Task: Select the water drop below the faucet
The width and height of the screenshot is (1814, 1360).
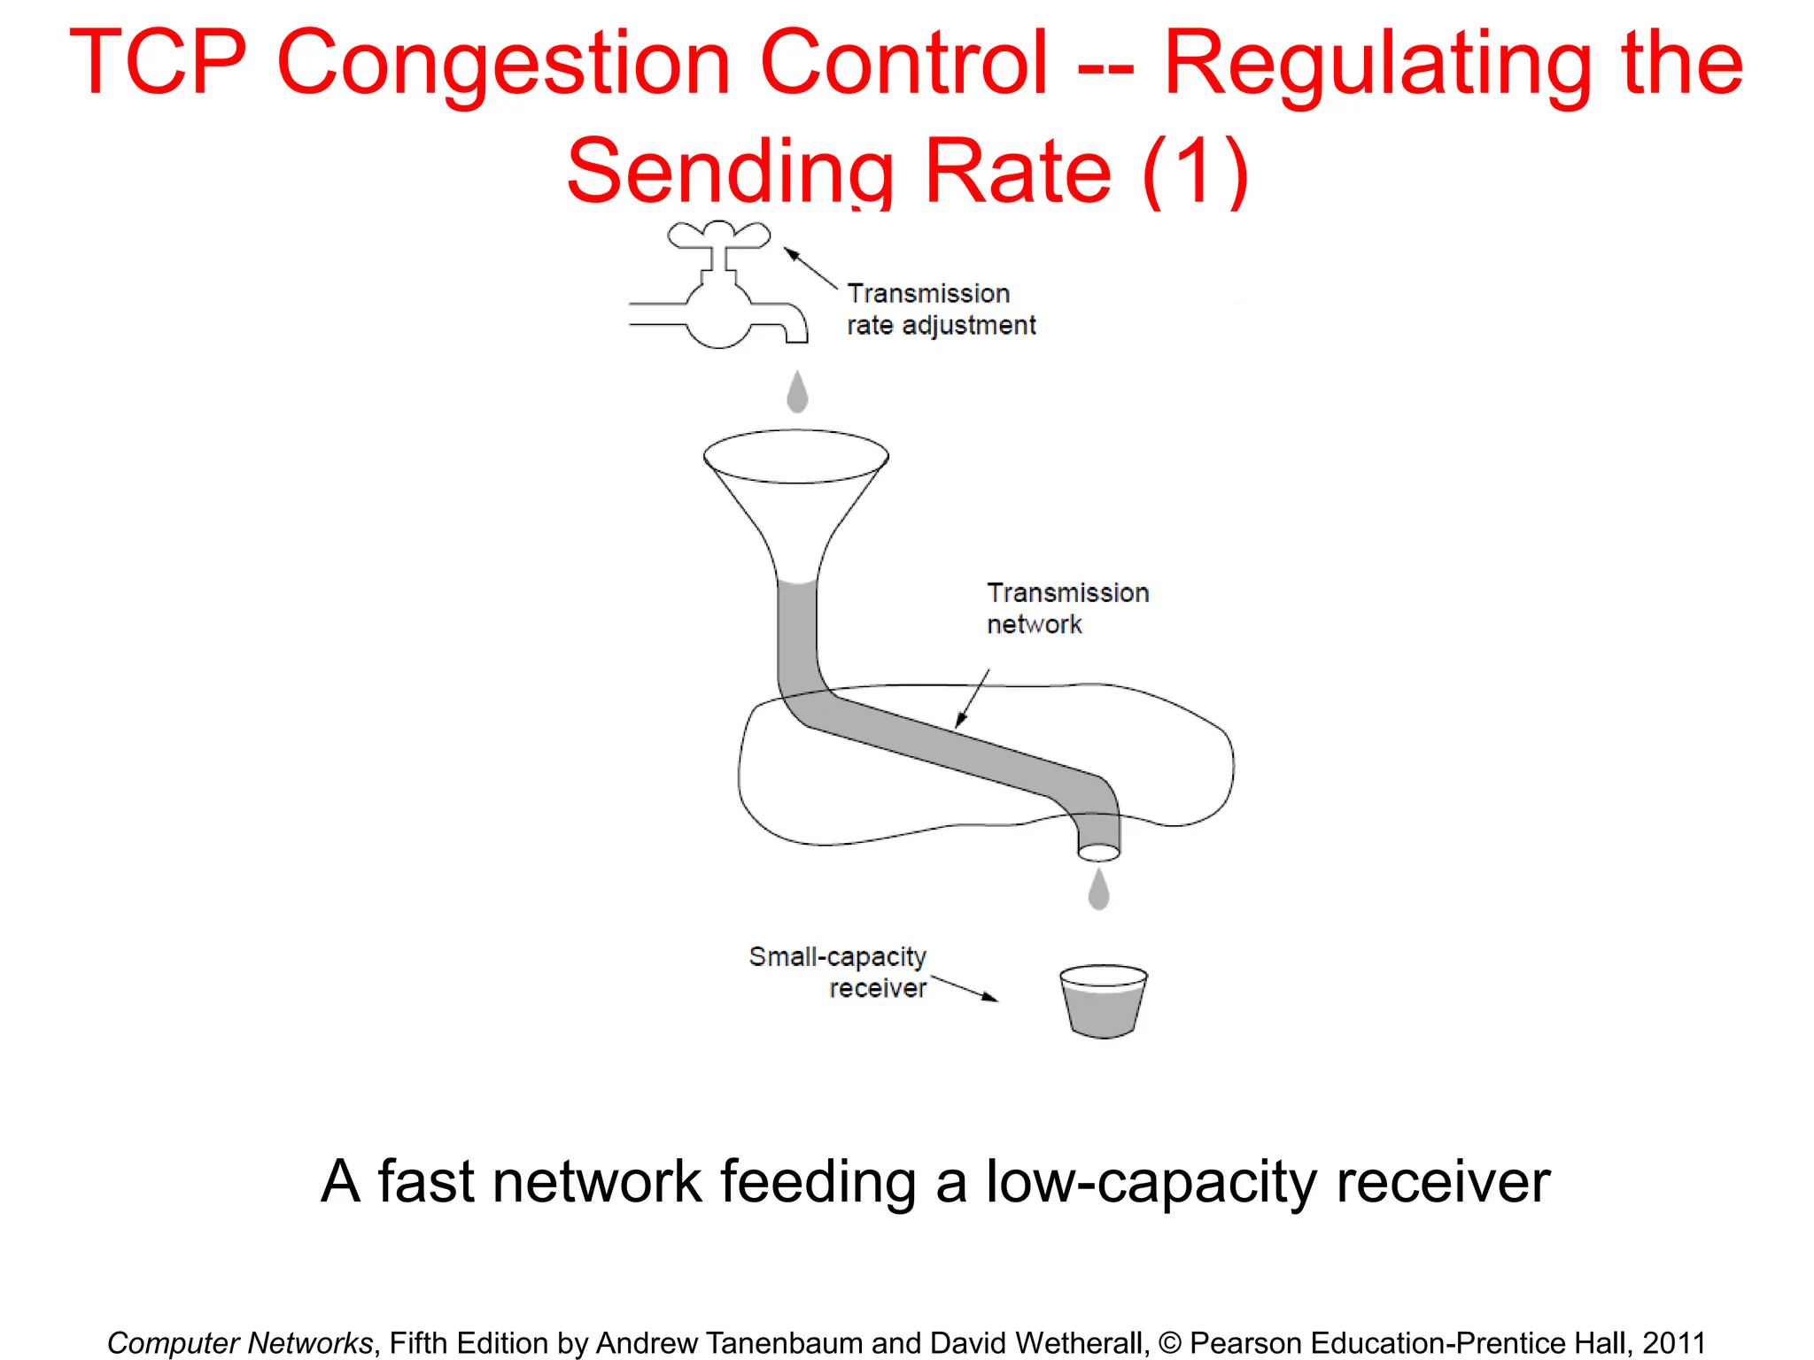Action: point(797,391)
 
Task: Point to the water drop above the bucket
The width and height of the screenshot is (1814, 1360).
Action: point(1098,890)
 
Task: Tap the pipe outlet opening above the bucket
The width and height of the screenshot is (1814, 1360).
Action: point(1098,853)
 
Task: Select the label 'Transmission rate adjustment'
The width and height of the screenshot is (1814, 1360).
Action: point(941,309)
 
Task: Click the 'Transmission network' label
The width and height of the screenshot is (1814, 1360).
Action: point(1067,608)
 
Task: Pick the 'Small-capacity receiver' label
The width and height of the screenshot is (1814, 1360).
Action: point(838,972)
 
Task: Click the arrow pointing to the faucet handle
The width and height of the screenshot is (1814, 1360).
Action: point(810,268)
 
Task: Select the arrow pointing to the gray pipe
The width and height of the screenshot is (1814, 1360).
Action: point(972,700)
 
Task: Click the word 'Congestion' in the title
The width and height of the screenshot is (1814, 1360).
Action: point(503,64)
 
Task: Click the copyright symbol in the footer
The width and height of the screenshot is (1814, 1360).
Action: point(1169,1343)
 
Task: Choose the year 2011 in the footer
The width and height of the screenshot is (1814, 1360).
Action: point(1673,1343)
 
